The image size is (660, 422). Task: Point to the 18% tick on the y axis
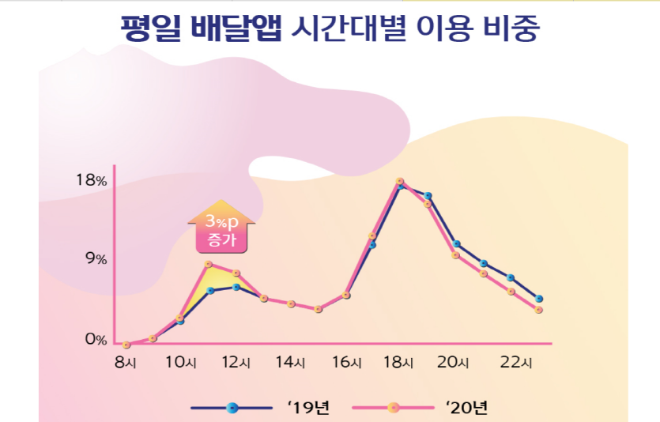click(91, 180)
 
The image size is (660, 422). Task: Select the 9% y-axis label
click(96, 259)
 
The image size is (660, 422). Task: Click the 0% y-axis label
click(96, 340)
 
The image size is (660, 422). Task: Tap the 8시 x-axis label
click(125, 363)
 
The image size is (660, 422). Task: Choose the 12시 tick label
click(236, 363)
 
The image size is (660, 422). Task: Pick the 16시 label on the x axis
click(345, 363)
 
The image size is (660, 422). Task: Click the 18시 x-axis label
click(399, 363)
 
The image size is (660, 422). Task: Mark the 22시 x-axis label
click(519, 363)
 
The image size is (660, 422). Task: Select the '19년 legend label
click(309, 408)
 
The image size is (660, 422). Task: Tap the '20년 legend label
click(468, 408)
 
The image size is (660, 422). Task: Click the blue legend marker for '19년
click(232, 408)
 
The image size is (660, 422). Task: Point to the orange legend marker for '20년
click(393, 408)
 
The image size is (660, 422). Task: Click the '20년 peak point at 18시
click(400, 182)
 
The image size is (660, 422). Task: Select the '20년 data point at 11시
click(209, 264)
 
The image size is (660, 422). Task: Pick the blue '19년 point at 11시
click(210, 291)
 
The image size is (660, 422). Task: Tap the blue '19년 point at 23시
click(538, 299)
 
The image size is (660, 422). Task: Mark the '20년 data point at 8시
click(126, 345)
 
